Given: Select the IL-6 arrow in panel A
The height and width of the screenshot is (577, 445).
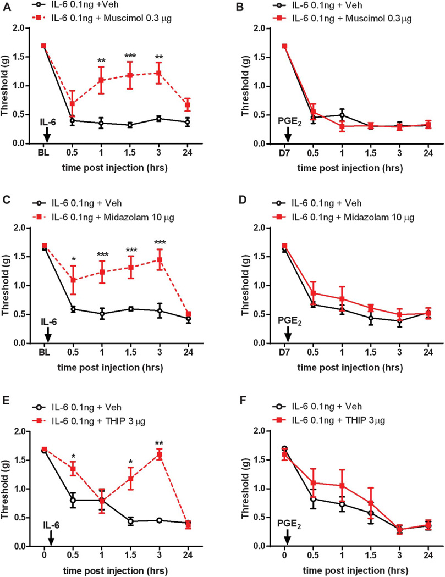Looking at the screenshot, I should coord(47,134).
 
